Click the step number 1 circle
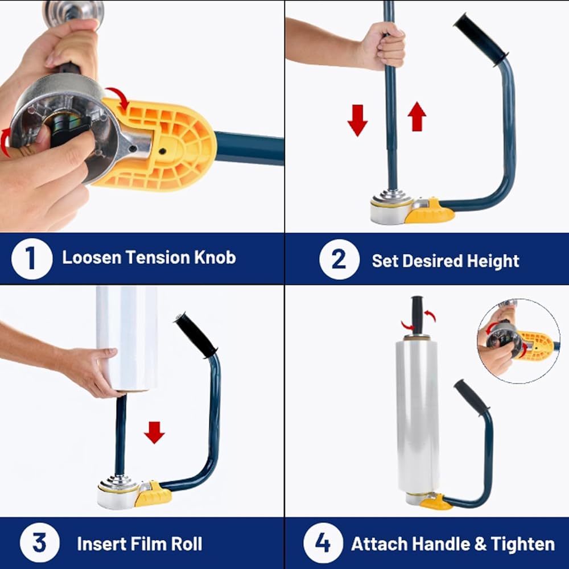click(x=32, y=258)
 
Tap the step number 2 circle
click(x=339, y=259)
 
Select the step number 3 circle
click(x=40, y=543)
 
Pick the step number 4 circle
click(x=323, y=543)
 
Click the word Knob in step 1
click(x=215, y=257)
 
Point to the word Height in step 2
click(x=493, y=261)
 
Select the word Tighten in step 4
click(x=522, y=543)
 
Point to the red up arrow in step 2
click(x=417, y=116)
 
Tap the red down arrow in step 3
click(x=155, y=432)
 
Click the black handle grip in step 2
click(x=480, y=39)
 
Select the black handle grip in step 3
click(x=196, y=336)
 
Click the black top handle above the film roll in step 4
click(x=417, y=314)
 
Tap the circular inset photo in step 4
click(x=518, y=341)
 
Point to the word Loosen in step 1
click(x=92, y=257)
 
